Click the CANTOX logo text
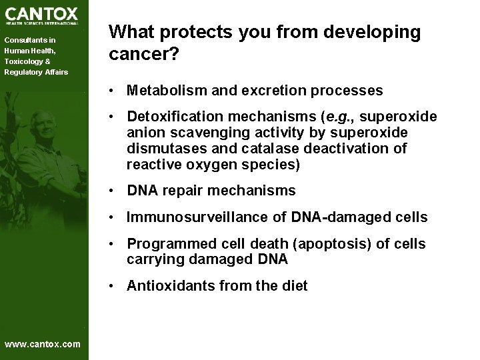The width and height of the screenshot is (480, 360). tap(41, 13)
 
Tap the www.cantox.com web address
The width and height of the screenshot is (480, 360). tap(42, 344)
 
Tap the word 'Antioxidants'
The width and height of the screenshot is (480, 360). tap(167, 287)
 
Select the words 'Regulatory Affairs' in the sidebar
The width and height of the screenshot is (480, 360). tap(36, 72)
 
